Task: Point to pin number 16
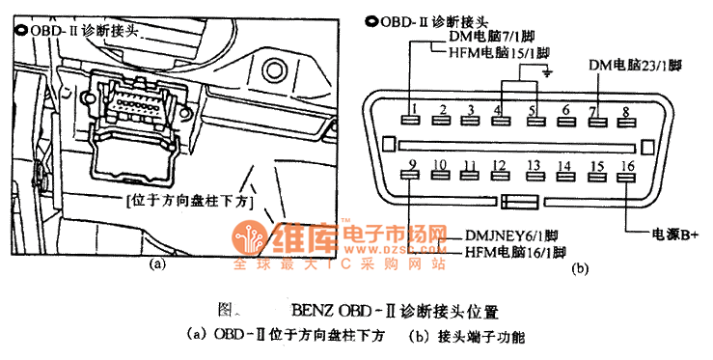[x=627, y=171]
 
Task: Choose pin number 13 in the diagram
[x=534, y=171]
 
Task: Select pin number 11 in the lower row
[x=470, y=171]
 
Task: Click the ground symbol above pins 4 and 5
[x=547, y=71]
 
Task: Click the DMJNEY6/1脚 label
[x=515, y=235]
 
